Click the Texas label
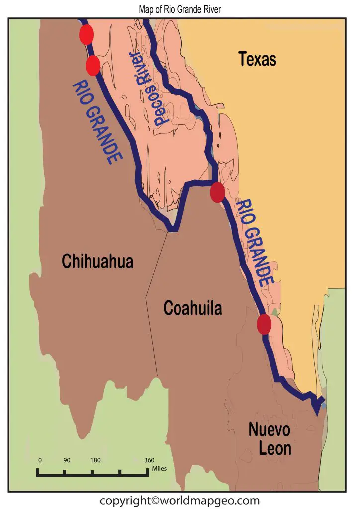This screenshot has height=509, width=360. (257, 59)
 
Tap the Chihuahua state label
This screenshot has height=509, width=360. (97, 260)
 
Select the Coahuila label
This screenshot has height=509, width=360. (192, 309)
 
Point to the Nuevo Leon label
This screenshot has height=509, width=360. (270, 438)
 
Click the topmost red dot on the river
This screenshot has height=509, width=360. (87, 35)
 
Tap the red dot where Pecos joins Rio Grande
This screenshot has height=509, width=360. (217, 192)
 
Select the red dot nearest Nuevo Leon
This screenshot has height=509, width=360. (264, 324)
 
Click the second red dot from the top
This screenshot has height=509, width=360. (93, 65)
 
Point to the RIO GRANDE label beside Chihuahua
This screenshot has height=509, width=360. (98, 122)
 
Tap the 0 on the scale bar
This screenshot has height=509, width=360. (40, 460)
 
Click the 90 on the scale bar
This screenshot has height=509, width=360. (67, 460)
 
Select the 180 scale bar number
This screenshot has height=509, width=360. (95, 460)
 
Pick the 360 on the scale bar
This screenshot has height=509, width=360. (149, 460)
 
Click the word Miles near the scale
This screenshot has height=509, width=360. (160, 468)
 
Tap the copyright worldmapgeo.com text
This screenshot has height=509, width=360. (180, 500)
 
